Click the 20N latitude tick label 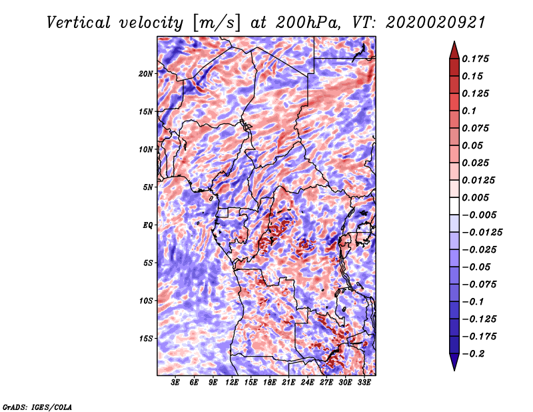[x=146, y=74]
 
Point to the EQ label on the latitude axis [x=147, y=225]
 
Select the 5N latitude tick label [x=148, y=187]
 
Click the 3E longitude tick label [x=175, y=383]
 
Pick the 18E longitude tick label [x=269, y=383]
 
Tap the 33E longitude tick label [x=364, y=383]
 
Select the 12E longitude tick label [x=231, y=383]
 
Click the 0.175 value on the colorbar [x=476, y=59]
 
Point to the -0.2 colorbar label [x=473, y=354]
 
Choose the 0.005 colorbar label [x=476, y=197]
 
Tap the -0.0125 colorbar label [x=482, y=233]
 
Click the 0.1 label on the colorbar [x=469, y=111]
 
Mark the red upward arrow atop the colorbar [x=454, y=50]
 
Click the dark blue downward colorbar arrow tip [x=454, y=371]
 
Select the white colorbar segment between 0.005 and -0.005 [x=454, y=206]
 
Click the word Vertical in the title [x=79, y=23]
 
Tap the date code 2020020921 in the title [x=436, y=23]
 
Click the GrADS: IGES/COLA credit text [x=37, y=407]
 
